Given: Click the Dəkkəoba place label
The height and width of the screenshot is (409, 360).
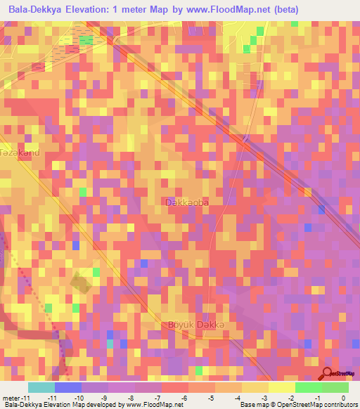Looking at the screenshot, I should [x=187, y=202].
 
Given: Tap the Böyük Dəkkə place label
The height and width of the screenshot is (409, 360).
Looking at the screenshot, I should [x=195, y=324].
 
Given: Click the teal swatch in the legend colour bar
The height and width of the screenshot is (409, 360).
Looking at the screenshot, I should [x=41, y=387].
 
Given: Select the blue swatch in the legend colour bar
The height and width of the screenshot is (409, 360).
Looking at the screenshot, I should [x=67, y=387].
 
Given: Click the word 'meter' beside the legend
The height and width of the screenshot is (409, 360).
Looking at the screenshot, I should [x=11, y=398].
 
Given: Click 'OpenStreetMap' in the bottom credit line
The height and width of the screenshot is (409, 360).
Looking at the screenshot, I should [x=300, y=405].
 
